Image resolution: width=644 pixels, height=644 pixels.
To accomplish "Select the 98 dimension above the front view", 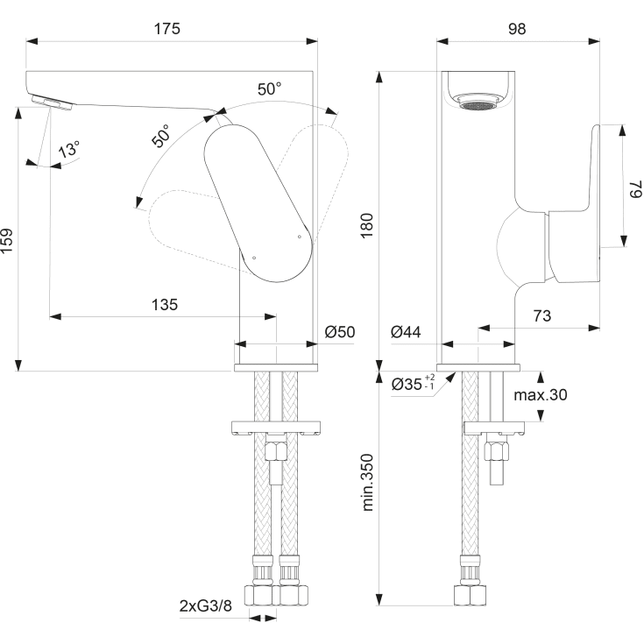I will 517,28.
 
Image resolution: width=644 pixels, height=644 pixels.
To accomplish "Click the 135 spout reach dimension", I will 165,305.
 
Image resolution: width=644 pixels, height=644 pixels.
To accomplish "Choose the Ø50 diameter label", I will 339,332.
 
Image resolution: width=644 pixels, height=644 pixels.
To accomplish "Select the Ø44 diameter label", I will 407,332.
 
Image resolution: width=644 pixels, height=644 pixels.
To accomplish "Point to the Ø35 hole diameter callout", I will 412,384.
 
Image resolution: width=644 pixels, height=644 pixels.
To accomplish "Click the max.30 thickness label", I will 541,395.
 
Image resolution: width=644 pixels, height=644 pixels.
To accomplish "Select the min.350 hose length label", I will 367,483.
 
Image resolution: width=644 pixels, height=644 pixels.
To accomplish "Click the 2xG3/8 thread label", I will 205,605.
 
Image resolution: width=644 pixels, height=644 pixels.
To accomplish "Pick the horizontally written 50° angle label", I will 270,89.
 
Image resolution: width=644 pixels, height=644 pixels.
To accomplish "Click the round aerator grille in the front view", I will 478,104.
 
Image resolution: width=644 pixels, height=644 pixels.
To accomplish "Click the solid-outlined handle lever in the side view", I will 258,202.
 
